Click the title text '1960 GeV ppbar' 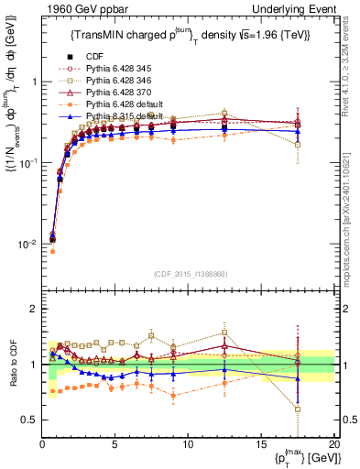[77, 8]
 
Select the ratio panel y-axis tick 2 [34, 309]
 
